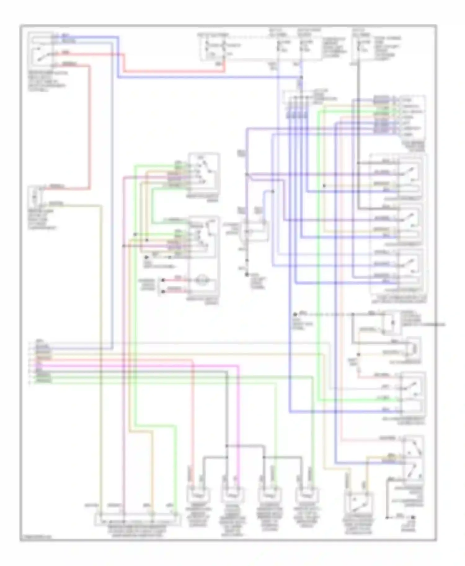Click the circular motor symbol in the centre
[x=204, y=281]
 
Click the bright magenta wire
[x=238, y=418]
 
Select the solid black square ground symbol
[x=413, y=517]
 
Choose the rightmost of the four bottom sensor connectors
[x=307, y=494]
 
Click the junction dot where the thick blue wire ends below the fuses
[x=302, y=77]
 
